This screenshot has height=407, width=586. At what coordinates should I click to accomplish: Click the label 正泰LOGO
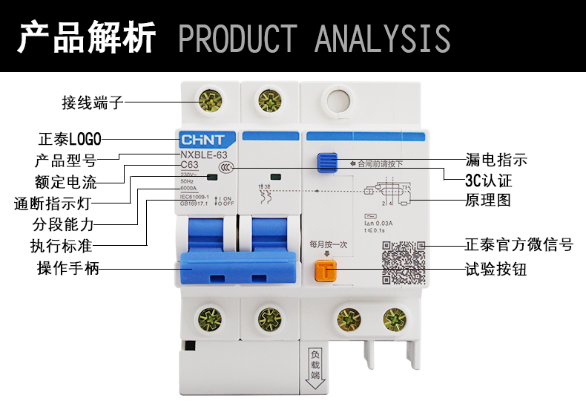coord(70,138)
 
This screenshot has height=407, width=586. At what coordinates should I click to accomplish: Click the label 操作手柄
coord(68,268)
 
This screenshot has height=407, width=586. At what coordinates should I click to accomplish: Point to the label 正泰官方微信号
coord(519,244)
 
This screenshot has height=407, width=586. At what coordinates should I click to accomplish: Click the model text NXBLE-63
coord(204,154)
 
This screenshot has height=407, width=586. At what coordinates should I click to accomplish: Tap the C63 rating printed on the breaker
coord(191,165)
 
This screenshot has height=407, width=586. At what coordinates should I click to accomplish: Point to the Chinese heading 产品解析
coord(87,37)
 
